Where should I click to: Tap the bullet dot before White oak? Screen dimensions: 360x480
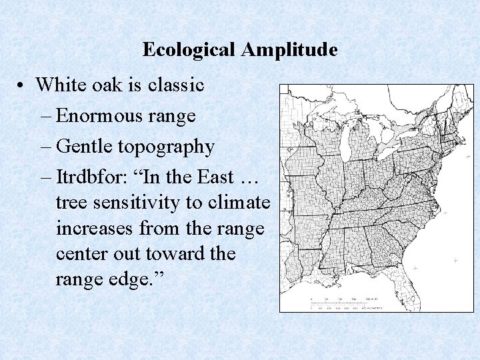22,86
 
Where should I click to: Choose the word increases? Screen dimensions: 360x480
95,229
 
